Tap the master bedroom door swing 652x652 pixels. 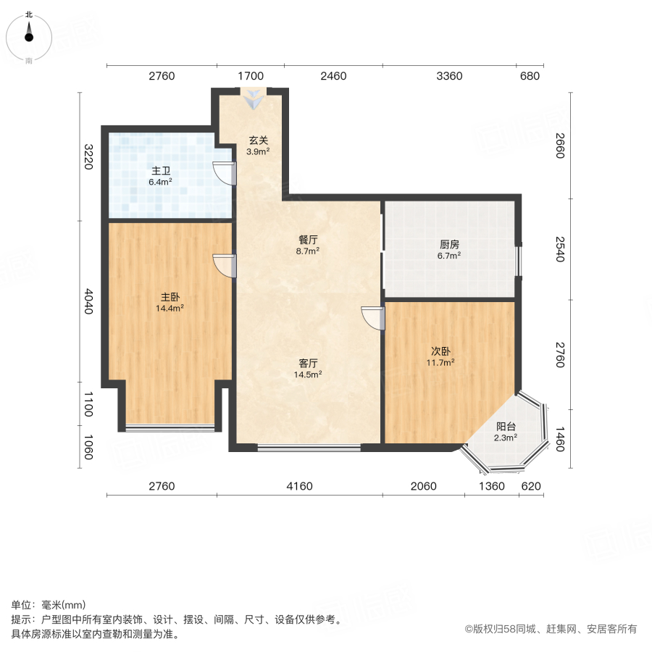click(225, 265)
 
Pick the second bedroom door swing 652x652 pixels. click(374, 317)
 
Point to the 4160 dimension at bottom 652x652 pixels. click(299, 486)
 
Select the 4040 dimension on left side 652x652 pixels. click(88, 301)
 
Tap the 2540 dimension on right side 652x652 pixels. click(558, 248)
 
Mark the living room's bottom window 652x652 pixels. click(309, 448)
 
